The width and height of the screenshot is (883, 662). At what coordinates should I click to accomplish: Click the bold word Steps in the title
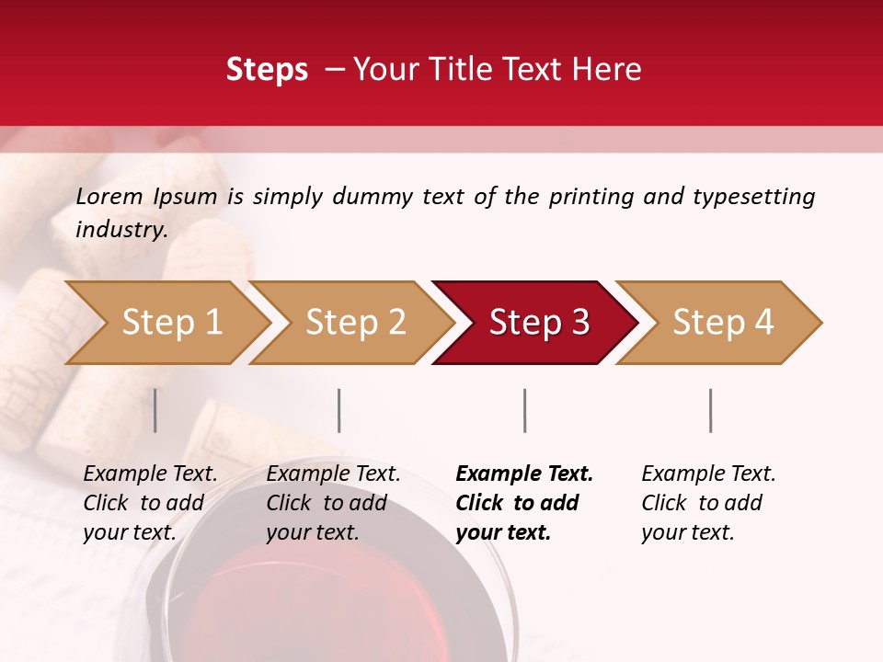coord(267,70)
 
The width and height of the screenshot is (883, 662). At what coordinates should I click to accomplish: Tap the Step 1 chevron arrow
coord(171,323)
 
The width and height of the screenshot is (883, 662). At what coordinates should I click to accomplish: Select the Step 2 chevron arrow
coord(355,323)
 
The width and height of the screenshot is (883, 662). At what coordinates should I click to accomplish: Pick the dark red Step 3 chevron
coord(539,323)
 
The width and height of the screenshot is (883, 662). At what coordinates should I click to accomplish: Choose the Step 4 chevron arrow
coord(723,323)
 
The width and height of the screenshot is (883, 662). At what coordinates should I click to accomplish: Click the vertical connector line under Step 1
coord(155,410)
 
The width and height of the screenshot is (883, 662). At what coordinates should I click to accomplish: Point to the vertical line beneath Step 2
coord(339,410)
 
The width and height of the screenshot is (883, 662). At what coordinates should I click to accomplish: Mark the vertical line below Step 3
coord(525,410)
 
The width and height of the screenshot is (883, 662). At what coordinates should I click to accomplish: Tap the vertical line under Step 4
coord(710,410)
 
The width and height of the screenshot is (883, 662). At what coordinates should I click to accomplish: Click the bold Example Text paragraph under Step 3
coord(524,503)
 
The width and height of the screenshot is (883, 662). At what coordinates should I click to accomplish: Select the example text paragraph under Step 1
coord(150,503)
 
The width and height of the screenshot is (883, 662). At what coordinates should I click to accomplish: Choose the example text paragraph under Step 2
coord(333,503)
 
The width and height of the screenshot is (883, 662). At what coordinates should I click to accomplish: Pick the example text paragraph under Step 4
coord(708,503)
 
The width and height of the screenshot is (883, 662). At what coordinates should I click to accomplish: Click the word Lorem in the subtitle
coord(109,196)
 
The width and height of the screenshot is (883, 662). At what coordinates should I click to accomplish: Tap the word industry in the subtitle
coord(120,229)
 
